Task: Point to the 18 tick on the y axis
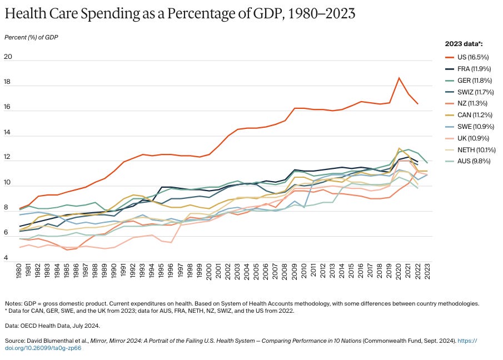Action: [8, 82]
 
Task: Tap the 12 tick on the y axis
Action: [8, 158]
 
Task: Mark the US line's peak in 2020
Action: [399, 78]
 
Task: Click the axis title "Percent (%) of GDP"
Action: [31, 37]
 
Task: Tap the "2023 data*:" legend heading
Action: [464, 43]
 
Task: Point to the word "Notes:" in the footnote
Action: [14, 303]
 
